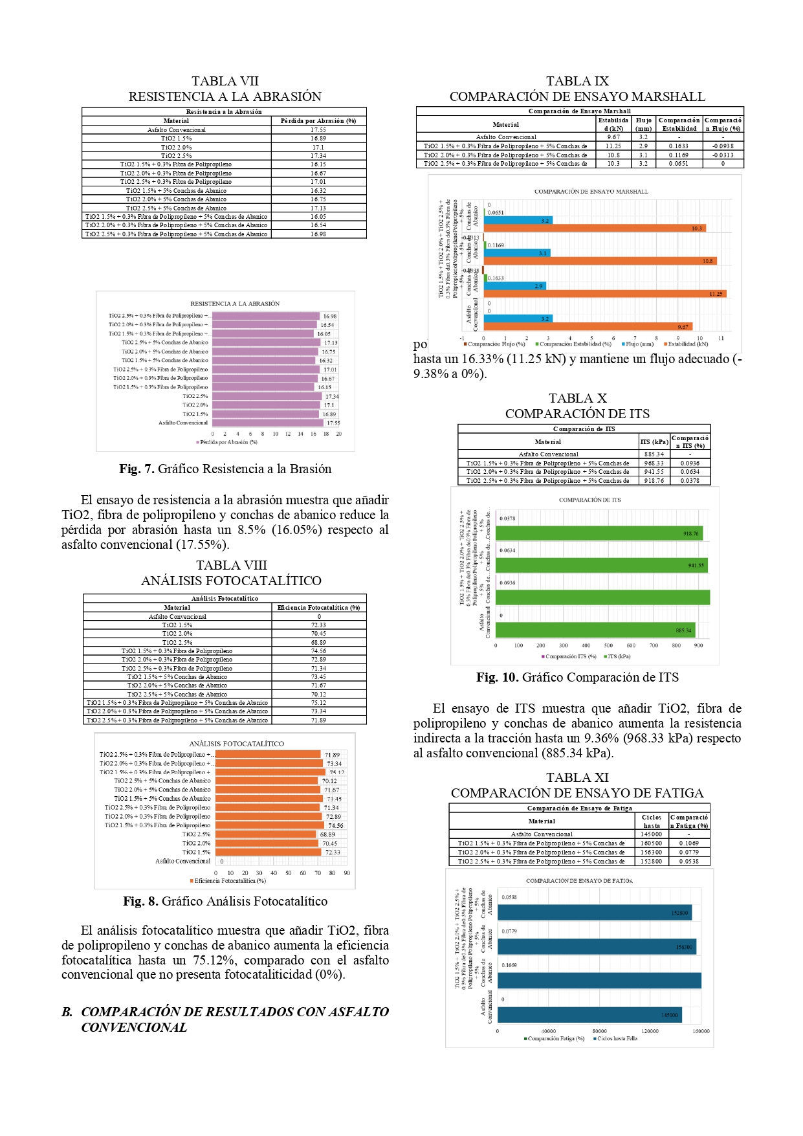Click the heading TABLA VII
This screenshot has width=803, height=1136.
pyautogui.click(x=225, y=81)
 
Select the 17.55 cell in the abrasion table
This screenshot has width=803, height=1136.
pyautogui.click(x=318, y=130)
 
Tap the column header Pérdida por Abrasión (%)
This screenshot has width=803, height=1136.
pyautogui.click(x=318, y=121)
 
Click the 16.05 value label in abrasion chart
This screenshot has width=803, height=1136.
pyautogui.click(x=324, y=334)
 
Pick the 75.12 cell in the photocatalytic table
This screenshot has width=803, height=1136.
pyautogui.click(x=318, y=702)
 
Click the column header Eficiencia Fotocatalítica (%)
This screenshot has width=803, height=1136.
pyautogui.click(x=318, y=607)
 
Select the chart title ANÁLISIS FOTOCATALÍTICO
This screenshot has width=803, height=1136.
pyautogui.click(x=236, y=744)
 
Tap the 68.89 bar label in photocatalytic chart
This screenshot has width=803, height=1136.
pyautogui.click(x=327, y=834)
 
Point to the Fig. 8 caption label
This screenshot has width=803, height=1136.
pyautogui.click(x=140, y=902)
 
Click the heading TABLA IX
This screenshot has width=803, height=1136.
pyautogui.click(x=577, y=81)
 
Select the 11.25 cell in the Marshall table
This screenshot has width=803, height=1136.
pyautogui.click(x=613, y=146)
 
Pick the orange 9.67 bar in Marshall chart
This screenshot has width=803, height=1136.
pyautogui.click(x=588, y=327)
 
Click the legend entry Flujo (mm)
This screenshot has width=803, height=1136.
pyautogui.click(x=639, y=344)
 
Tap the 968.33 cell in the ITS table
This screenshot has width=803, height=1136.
pyautogui.click(x=654, y=463)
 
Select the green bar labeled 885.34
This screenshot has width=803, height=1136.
pyautogui.click(x=595, y=630)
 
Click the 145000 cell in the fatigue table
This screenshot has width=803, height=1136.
pyautogui.click(x=651, y=834)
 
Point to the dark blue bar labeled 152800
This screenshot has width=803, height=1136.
pyautogui.click(x=594, y=913)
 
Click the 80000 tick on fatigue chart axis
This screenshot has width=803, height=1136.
pyautogui.click(x=599, y=1031)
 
